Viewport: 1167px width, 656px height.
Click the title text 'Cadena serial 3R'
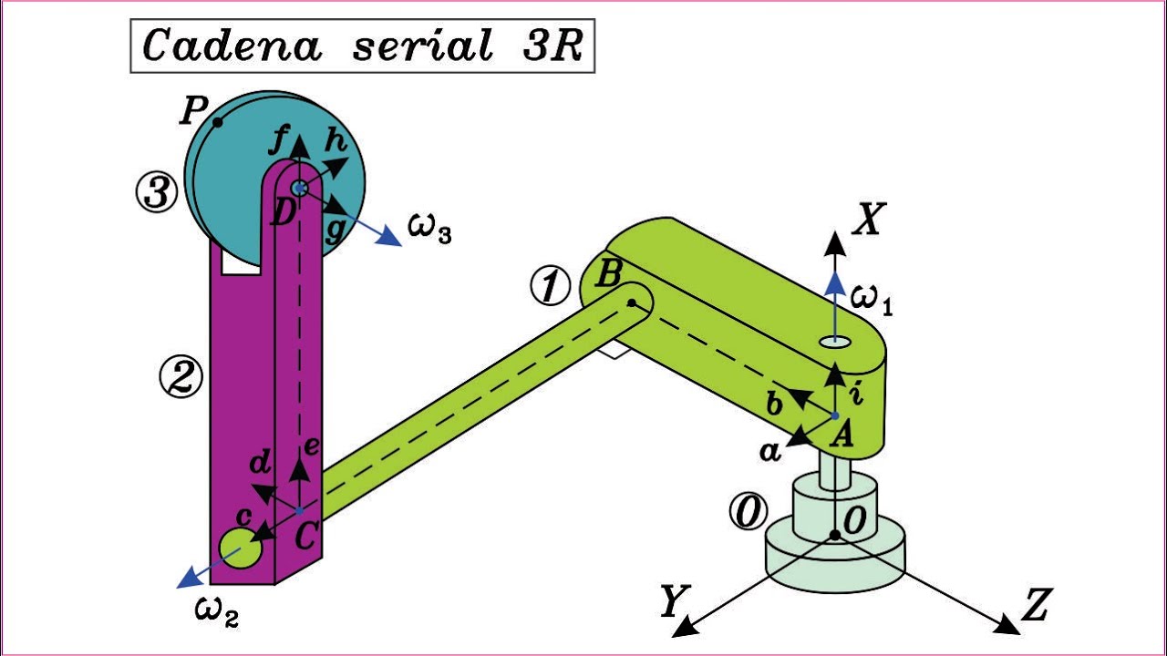(362, 46)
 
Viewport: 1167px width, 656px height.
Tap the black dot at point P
(218, 123)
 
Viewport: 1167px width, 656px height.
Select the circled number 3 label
(156, 192)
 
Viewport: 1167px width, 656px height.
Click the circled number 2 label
(181, 377)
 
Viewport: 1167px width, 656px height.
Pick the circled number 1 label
(550, 286)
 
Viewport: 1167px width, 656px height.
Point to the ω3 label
(429, 230)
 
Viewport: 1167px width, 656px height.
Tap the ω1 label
(872, 302)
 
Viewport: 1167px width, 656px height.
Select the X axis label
(869, 220)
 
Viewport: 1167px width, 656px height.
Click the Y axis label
(676, 600)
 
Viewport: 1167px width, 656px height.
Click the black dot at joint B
(632, 302)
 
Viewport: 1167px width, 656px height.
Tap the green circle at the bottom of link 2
(240, 548)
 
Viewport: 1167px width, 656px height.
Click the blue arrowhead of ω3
(389, 236)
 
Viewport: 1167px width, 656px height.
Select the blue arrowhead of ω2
(188, 578)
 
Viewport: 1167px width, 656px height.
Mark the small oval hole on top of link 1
(835, 342)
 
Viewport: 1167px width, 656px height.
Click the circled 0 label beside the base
(749, 512)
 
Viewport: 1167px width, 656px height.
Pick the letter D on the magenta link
(283, 213)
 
